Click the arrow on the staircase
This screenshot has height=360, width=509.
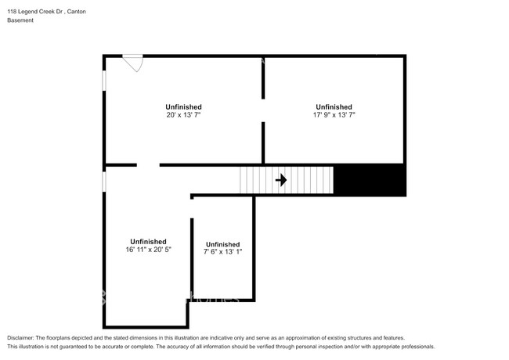coord(281,180)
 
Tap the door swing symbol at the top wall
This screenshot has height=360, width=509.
coord(133,63)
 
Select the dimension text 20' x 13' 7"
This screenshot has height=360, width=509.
coord(184,115)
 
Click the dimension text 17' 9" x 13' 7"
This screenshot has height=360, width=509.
coord(334,115)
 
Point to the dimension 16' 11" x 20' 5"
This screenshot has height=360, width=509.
coord(148,250)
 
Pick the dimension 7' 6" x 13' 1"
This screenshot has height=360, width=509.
coord(223,252)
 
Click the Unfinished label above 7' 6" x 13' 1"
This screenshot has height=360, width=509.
coord(223,244)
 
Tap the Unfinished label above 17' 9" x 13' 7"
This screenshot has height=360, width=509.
coord(334,107)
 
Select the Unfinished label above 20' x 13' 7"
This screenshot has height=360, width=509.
coord(184,107)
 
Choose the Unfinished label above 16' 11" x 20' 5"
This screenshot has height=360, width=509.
coord(148,242)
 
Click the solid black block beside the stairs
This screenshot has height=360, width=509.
coord(370,180)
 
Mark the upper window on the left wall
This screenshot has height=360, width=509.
coord(104,81)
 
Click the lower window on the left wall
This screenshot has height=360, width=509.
coord(104,182)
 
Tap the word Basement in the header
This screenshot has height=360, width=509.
coord(20,20)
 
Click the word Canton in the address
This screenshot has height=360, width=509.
coord(77,12)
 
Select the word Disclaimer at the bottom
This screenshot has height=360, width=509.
coord(20,338)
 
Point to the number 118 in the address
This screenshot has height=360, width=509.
coord(12,12)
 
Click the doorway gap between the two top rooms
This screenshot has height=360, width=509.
coord(263,110)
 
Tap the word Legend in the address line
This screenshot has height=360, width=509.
coord(27,12)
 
